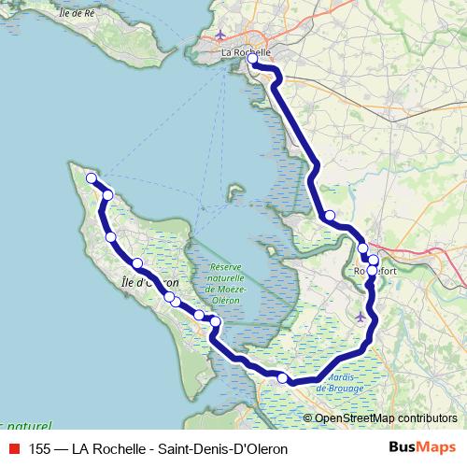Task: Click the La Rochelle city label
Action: [x=246, y=53]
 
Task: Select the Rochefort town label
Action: [x=375, y=272]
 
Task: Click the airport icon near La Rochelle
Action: [x=220, y=36]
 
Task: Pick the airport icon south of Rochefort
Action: [x=361, y=317]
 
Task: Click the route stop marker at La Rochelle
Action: [x=252, y=59]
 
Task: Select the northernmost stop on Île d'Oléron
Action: [x=92, y=177]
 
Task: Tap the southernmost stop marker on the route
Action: [x=283, y=377]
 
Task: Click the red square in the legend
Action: [x=12, y=448]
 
